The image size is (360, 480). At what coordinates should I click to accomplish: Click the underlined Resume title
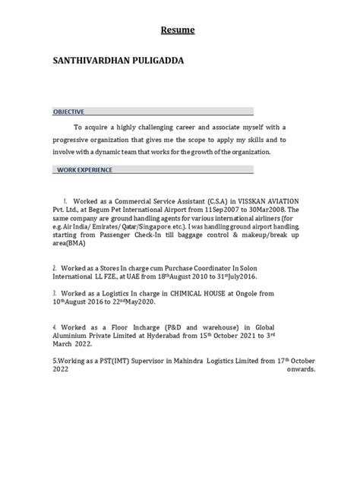[180, 31]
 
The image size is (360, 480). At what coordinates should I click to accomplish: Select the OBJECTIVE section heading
[68, 111]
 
